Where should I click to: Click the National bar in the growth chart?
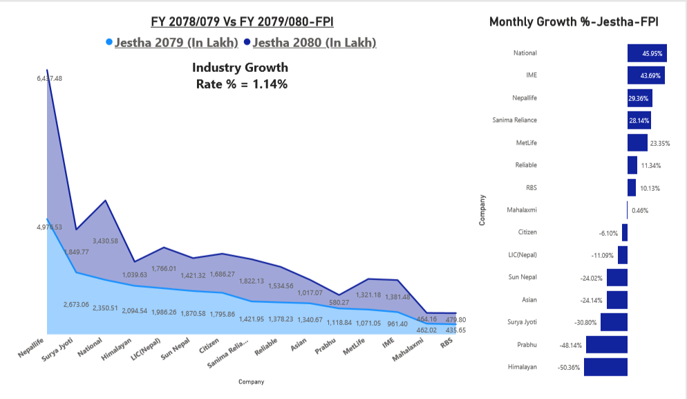click(647, 53)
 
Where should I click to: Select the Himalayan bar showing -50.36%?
click(605, 366)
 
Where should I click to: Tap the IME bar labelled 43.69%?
click(646, 75)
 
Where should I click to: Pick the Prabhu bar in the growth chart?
click(606, 344)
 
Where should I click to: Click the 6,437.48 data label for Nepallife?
click(49, 78)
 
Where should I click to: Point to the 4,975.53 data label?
click(49, 227)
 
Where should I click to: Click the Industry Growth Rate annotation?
click(240, 76)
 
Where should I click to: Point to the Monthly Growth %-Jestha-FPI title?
click(573, 21)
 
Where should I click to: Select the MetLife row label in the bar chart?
click(526, 142)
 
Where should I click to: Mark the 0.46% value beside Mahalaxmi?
click(640, 210)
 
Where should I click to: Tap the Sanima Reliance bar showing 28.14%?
click(639, 120)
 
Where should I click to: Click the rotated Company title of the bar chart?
click(482, 210)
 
